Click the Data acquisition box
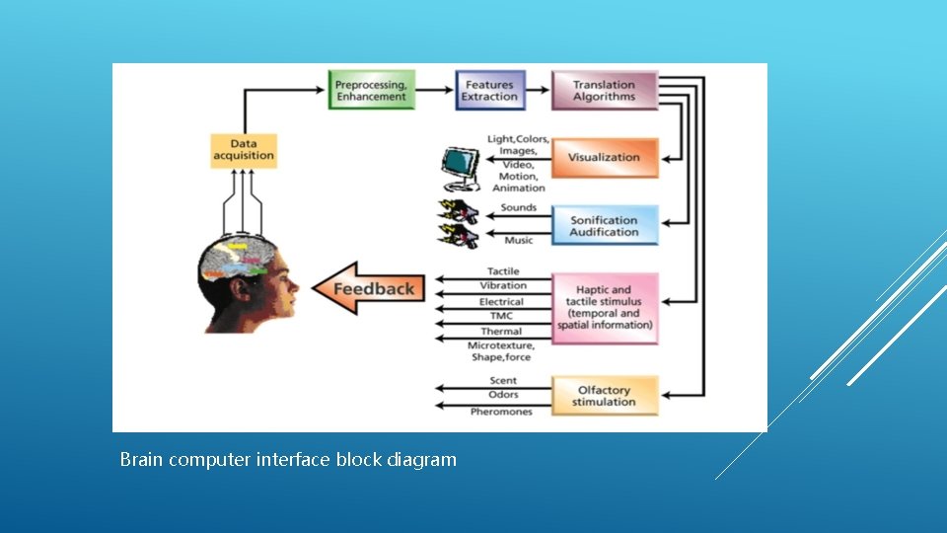tap(243, 150)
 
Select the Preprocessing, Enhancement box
tap(371, 91)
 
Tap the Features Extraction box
tap(489, 91)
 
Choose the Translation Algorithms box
tap(604, 91)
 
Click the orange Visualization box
tap(604, 157)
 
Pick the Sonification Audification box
tap(604, 226)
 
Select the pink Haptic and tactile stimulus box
tap(605, 307)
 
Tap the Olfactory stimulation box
tap(604, 396)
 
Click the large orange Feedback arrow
tap(366, 288)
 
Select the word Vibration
tap(503, 285)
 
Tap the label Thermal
tap(501, 331)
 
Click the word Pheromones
tap(501, 412)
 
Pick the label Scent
tap(503, 380)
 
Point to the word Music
tap(518, 240)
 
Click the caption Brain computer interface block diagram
tap(288, 459)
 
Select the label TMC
tap(502, 316)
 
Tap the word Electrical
tap(501, 301)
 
